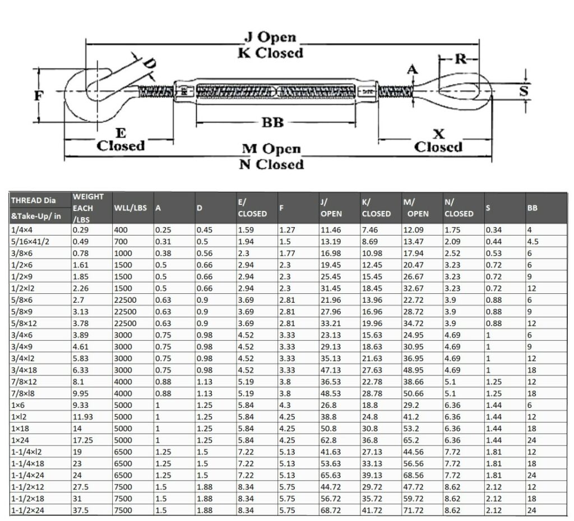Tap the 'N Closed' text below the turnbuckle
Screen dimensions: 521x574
point(271,165)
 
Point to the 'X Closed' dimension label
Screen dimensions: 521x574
point(438,140)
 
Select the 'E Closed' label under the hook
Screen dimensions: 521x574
point(121,140)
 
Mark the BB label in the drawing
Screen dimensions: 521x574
point(272,122)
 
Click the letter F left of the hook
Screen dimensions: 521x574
point(38,96)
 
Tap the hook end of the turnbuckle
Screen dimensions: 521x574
point(90,90)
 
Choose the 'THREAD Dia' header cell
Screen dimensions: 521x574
point(34,201)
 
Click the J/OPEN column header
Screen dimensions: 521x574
point(331,208)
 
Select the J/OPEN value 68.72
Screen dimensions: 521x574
point(331,510)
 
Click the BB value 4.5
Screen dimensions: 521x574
point(533,241)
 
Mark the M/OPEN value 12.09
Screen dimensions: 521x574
point(414,229)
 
